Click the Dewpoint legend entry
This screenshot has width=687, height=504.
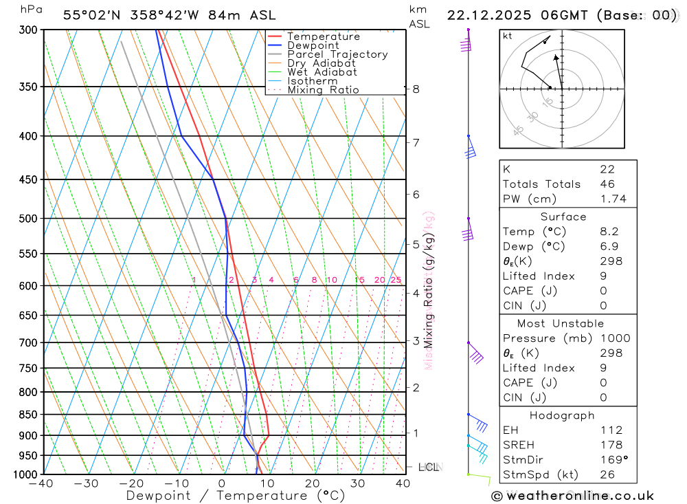point(313,45)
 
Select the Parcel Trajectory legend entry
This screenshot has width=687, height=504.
point(337,54)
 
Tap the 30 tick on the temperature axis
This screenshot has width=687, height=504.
point(357,483)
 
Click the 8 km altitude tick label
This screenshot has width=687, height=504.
point(416,89)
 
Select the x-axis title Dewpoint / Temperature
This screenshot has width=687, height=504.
point(236,495)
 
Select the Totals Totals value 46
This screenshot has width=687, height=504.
point(607,184)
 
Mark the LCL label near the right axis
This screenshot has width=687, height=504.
point(429,467)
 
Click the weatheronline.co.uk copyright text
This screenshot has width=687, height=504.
point(572,496)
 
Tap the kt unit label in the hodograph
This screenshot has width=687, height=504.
point(508,36)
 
